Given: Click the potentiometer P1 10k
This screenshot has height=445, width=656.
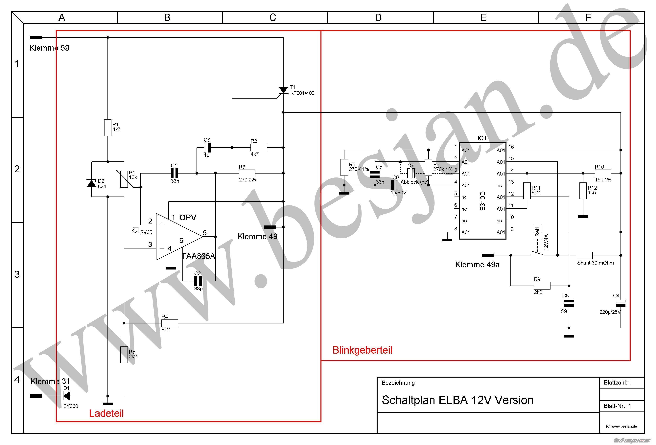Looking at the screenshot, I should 124,179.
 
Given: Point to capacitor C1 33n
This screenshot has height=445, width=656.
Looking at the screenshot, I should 175,173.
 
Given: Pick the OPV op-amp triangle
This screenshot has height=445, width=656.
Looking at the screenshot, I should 178,236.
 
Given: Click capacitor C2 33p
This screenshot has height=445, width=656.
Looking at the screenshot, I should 198,281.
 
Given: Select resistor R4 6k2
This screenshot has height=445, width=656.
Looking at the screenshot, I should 170,323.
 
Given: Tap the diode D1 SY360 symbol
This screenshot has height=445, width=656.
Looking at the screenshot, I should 67,396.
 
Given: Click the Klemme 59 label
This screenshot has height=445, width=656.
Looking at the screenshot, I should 49,48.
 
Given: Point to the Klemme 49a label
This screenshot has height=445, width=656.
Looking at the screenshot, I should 477,265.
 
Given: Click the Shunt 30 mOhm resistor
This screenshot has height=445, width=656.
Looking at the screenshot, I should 584,255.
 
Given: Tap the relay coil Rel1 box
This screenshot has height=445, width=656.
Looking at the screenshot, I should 537,232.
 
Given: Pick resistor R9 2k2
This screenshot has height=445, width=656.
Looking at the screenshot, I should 542,286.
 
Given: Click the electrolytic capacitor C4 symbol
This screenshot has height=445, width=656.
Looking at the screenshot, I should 621,303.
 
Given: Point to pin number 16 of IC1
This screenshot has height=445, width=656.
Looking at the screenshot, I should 511,147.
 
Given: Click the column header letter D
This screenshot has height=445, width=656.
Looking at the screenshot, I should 378,17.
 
